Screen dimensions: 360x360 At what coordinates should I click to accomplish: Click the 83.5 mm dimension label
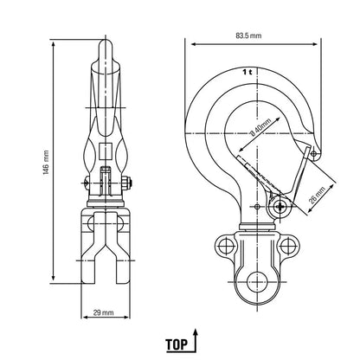[x=248, y=35]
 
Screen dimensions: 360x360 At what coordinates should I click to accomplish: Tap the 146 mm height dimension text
[x=46, y=163]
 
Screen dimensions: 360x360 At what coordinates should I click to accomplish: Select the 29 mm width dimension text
[x=103, y=312]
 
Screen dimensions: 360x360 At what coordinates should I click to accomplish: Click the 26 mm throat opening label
[x=318, y=196]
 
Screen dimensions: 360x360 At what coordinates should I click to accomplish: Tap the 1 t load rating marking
[x=247, y=72]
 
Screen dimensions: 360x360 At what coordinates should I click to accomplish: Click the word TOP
[x=177, y=344]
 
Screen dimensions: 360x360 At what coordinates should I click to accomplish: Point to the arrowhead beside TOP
[x=196, y=332]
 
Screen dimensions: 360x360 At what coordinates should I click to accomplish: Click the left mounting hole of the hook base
[x=225, y=246]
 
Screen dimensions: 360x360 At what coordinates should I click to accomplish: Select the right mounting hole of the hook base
[x=286, y=246]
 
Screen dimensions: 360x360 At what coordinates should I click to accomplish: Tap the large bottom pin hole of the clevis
[x=257, y=281]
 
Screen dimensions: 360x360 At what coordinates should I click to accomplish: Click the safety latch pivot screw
[x=280, y=206]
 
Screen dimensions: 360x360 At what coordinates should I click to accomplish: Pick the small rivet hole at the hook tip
[x=313, y=152]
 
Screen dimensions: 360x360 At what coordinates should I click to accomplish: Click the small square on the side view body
[x=105, y=151]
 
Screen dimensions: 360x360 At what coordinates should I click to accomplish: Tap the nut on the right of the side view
[x=126, y=183]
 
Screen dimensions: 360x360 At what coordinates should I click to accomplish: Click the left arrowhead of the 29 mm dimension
[x=85, y=318]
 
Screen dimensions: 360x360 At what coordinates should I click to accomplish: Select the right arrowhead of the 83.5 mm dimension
[x=315, y=44]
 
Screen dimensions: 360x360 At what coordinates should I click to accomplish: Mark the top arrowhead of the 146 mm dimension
[x=53, y=44]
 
